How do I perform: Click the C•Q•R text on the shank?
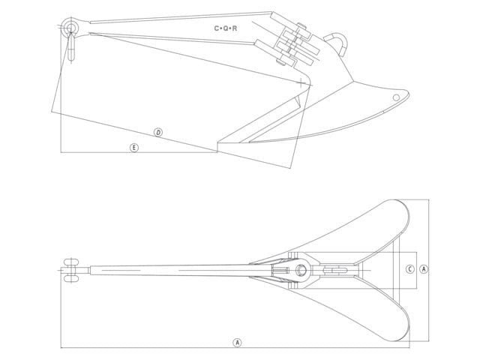(226, 28)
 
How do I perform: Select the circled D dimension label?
(158, 133)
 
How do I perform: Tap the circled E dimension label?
(134, 148)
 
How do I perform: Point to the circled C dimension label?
(410, 269)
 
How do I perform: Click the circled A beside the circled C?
(424, 269)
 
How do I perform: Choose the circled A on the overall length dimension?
(237, 343)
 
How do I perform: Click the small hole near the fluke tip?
(396, 97)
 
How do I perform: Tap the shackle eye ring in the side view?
(70, 27)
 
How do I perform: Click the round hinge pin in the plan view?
(301, 270)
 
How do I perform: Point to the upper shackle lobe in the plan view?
(71, 262)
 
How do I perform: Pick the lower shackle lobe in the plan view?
(71, 278)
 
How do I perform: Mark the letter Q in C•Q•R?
(226, 28)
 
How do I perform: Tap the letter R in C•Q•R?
(235, 28)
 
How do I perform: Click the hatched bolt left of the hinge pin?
(280, 271)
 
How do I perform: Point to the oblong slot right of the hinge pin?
(335, 270)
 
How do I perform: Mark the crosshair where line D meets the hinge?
(301, 82)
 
